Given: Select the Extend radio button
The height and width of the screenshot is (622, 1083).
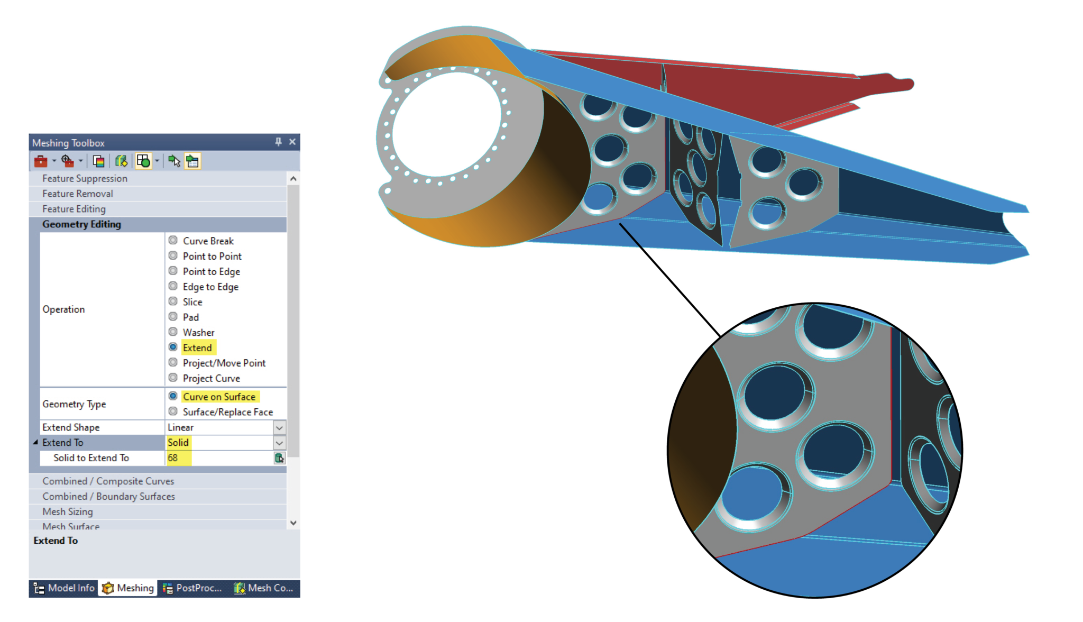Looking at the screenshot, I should pyautogui.click(x=173, y=347).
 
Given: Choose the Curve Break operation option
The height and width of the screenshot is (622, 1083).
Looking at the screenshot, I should pyautogui.click(x=173, y=241).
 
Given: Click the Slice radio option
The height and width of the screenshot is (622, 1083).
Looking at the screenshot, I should pyautogui.click(x=173, y=301).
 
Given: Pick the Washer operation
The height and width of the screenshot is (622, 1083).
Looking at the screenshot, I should pyautogui.click(x=173, y=332).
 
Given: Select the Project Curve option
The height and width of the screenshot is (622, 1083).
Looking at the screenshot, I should pyautogui.click(x=173, y=378).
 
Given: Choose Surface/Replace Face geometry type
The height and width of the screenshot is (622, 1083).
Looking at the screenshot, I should pyautogui.click(x=173, y=411).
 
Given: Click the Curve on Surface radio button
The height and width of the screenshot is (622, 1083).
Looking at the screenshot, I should pyautogui.click(x=173, y=396).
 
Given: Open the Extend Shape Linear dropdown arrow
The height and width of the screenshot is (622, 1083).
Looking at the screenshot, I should pyautogui.click(x=279, y=427).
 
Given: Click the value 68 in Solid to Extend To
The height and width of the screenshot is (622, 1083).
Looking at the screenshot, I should pyautogui.click(x=173, y=458).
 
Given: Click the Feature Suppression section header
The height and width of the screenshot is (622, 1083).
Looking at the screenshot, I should pyautogui.click(x=85, y=179).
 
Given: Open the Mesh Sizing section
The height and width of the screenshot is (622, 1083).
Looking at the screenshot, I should pyautogui.click(x=68, y=511).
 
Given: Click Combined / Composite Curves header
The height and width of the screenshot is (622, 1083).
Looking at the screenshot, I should pyautogui.click(x=108, y=481).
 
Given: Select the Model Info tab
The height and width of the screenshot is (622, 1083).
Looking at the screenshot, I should pyautogui.click(x=64, y=588).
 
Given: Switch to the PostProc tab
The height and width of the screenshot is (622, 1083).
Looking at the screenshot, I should pyautogui.click(x=192, y=588).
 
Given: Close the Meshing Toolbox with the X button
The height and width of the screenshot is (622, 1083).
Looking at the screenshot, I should pyautogui.click(x=292, y=142).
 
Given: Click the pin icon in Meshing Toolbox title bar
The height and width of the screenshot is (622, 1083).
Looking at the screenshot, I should pyautogui.click(x=278, y=142).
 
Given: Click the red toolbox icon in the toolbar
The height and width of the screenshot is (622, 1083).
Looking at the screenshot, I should pyautogui.click(x=41, y=161).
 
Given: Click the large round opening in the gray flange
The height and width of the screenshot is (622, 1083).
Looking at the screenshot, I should pyautogui.click(x=447, y=124).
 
